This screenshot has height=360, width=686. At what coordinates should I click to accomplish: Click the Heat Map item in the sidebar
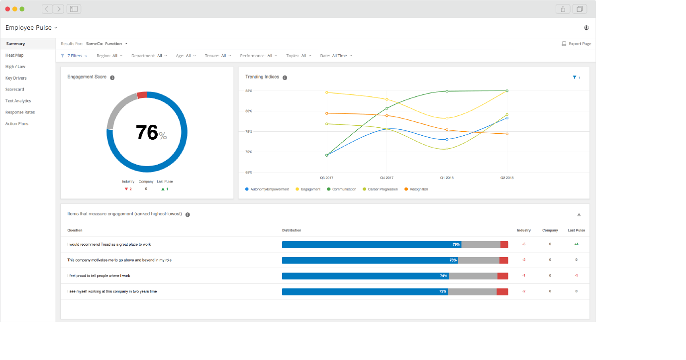tap(14, 55)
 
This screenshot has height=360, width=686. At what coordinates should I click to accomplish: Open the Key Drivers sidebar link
tap(16, 78)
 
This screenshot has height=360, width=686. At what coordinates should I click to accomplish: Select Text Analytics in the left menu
tap(18, 101)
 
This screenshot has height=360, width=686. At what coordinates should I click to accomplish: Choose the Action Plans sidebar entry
tap(16, 124)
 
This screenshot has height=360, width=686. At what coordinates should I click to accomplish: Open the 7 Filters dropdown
tap(74, 56)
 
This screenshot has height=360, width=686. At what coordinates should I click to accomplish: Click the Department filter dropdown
tap(149, 56)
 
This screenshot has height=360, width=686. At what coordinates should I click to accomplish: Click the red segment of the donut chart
tap(142, 95)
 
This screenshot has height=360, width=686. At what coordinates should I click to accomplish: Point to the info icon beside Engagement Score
tap(112, 78)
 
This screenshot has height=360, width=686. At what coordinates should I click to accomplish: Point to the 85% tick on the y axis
tap(249, 91)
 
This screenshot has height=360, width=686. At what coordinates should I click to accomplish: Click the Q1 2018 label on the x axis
tap(446, 178)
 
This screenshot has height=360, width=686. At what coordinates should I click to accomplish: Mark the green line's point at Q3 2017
tap(327, 155)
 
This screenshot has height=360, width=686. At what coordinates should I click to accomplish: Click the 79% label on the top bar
tap(456, 245)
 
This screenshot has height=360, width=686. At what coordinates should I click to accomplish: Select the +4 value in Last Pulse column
tap(576, 244)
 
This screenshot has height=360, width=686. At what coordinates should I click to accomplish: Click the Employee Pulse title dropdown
tap(31, 28)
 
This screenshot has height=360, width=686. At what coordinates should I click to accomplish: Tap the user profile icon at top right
tap(587, 28)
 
